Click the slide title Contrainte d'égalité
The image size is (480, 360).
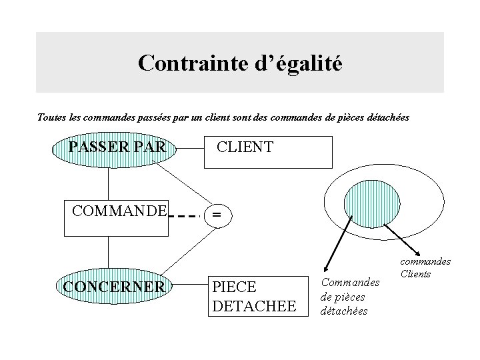(239, 63)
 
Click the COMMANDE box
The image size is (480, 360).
(117, 217)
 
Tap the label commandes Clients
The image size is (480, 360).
(427, 268)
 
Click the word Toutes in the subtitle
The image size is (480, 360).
(52, 117)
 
